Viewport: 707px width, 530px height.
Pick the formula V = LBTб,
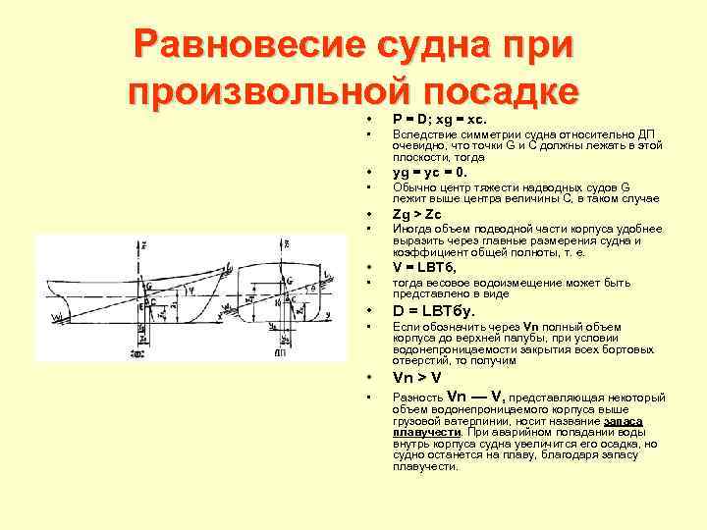[x=425, y=268]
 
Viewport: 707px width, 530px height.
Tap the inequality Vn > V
[x=417, y=377]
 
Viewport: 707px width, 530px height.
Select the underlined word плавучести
[x=425, y=431]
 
